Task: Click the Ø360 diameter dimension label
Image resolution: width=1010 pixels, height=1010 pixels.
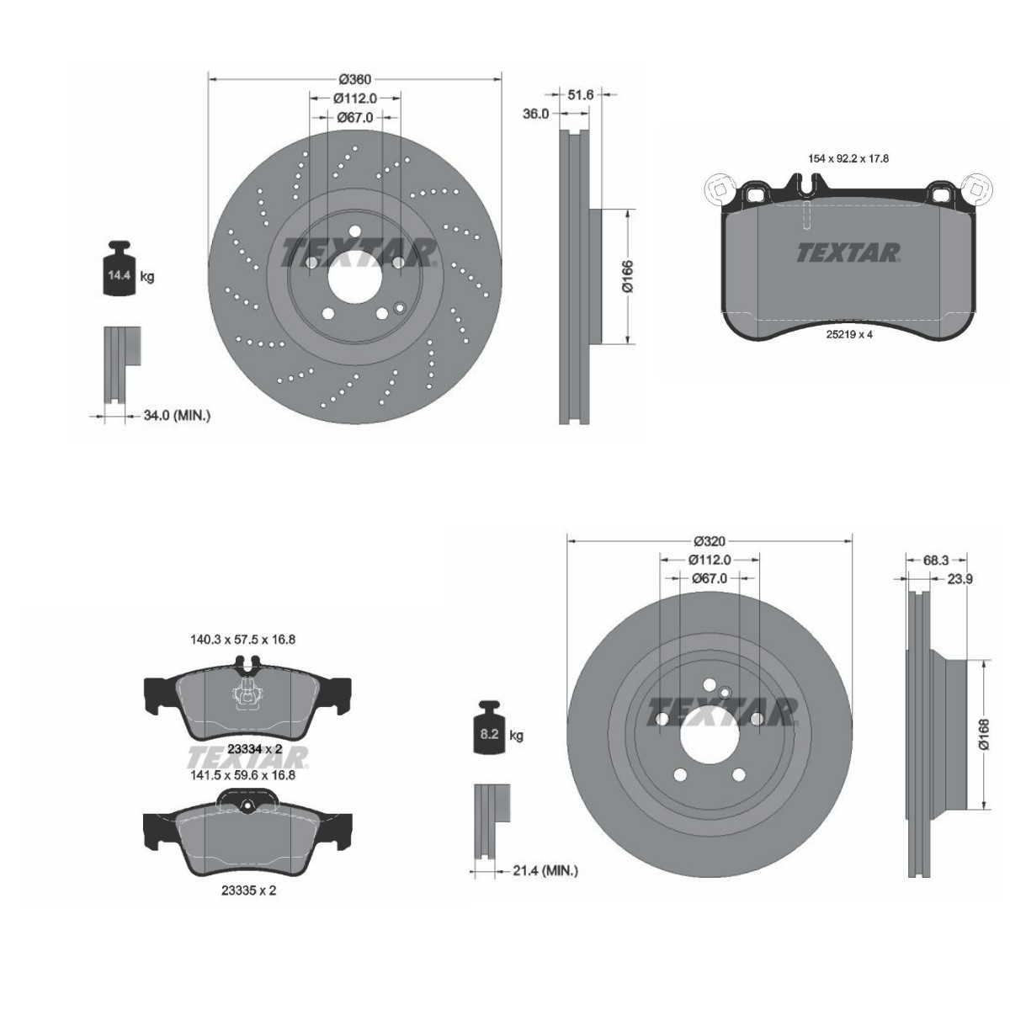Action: tap(354, 79)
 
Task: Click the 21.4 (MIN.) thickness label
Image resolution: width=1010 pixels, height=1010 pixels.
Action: tap(545, 871)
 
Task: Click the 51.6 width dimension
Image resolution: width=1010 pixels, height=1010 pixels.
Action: tap(581, 95)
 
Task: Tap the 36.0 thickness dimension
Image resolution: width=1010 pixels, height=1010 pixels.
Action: tap(535, 113)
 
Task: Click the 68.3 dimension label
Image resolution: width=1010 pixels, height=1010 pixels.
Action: tap(936, 559)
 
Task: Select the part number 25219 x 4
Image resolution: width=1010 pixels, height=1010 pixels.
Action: tap(848, 333)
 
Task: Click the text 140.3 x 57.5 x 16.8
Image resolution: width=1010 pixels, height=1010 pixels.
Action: tap(243, 640)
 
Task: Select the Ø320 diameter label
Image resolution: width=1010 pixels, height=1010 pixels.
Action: tap(710, 541)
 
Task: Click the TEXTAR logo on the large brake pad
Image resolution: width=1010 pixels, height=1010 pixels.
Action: tap(848, 252)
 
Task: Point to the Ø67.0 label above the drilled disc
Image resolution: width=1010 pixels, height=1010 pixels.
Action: tap(354, 118)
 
